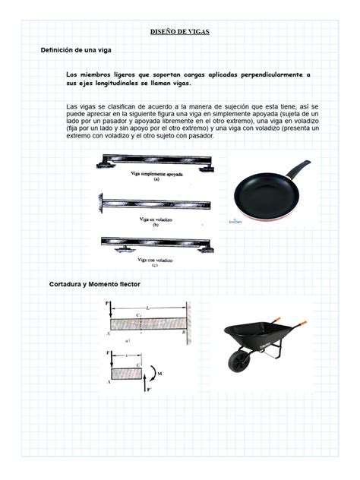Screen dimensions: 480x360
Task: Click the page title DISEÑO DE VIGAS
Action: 180,32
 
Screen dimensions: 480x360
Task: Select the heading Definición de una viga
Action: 75,49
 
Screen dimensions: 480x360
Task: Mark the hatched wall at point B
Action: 188,321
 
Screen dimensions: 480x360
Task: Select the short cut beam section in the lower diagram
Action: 126,372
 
